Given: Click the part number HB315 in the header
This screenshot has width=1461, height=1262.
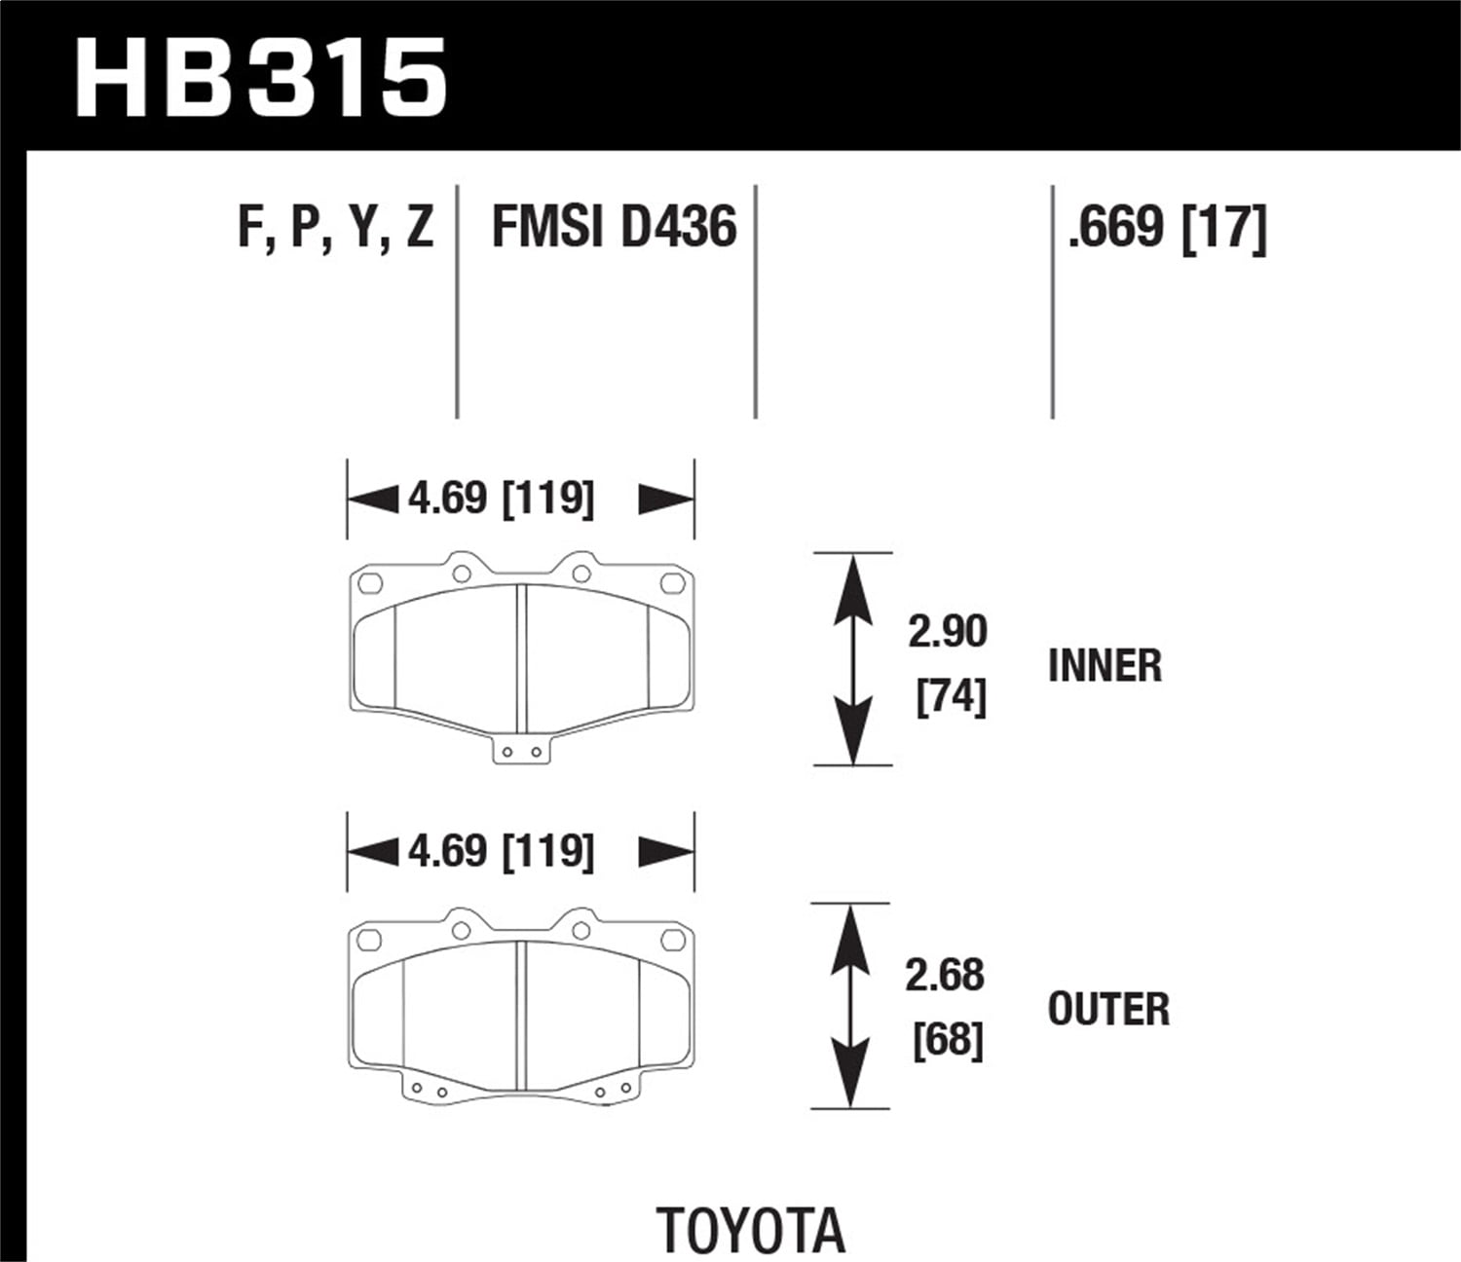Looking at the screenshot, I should tap(260, 78).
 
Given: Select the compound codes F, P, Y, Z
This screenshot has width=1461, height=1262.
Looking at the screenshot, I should tap(335, 228).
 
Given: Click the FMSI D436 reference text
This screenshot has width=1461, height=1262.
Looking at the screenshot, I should tap(614, 228).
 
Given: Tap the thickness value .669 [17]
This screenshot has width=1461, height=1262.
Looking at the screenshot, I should tap(1167, 228).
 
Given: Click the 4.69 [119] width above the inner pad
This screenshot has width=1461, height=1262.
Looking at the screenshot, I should tap(501, 499).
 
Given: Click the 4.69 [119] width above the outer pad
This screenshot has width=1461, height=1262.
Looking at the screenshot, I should tap(501, 851).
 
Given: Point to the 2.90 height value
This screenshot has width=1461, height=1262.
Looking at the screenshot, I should tap(947, 631).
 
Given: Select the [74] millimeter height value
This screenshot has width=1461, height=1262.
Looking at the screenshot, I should tap(951, 697).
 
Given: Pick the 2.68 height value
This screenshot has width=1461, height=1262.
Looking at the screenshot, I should tap(944, 975).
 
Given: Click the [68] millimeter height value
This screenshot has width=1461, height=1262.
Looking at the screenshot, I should tap(948, 1040).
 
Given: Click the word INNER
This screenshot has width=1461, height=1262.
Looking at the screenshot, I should tap(1105, 666).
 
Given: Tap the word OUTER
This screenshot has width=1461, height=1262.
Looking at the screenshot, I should tap(1108, 1010).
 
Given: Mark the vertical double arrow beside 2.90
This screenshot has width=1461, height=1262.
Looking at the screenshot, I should tap(852, 659).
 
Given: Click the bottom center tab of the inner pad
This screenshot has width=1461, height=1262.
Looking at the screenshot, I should tap(520, 751).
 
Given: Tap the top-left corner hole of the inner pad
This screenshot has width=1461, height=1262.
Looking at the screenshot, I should tap(369, 583).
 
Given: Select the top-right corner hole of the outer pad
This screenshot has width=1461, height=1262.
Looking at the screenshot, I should tap(672, 940).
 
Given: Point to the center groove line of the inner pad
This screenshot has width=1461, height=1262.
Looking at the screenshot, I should tap(520, 657).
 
